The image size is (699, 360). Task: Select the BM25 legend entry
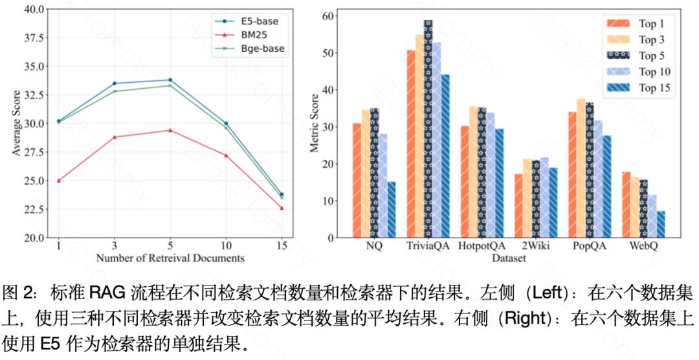(248, 34)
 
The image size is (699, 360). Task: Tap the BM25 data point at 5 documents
(170, 130)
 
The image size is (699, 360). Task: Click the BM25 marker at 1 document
(59, 181)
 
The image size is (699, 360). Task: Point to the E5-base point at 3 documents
(115, 84)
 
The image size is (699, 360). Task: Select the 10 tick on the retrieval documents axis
(226, 246)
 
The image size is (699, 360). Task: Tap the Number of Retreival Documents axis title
(170, 258)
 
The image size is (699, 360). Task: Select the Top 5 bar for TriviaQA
(428, 129)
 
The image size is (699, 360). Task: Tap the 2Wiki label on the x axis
(535, 247)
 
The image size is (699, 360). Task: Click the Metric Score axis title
(315, 124)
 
